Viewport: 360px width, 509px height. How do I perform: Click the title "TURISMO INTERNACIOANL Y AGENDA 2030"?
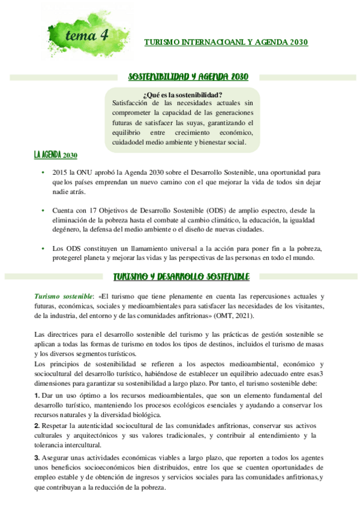pos(227,42)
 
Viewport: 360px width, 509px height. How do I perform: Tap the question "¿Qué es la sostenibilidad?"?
pos(183,94)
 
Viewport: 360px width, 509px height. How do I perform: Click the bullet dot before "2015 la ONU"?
pos(43,172)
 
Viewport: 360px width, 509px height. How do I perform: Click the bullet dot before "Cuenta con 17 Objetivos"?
pos(43,211)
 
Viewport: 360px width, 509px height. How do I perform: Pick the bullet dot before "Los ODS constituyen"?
pos(43,248)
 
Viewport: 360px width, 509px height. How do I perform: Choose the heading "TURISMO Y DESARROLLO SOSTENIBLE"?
pos(181,277)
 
